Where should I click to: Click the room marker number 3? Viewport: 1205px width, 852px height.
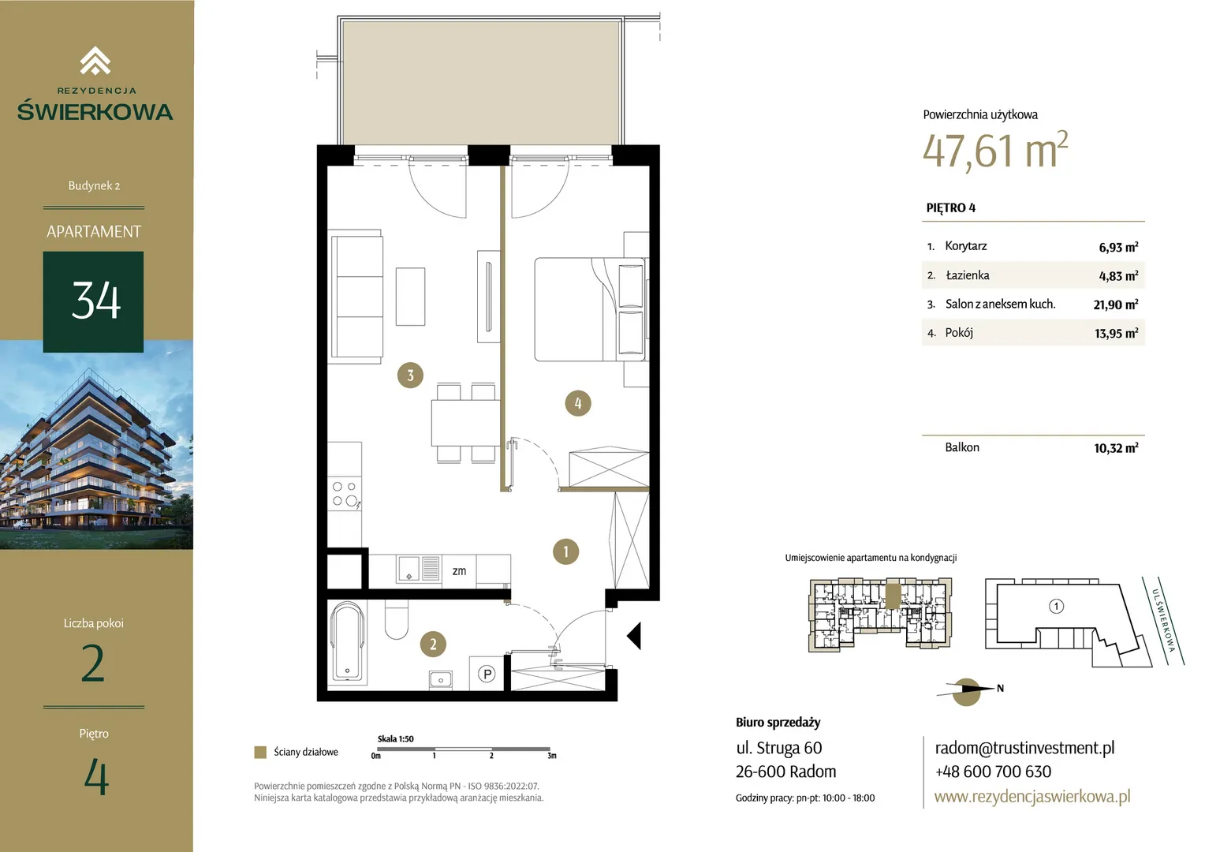(x=410, y=375)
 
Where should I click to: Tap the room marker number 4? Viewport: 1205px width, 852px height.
(x=578, y=403)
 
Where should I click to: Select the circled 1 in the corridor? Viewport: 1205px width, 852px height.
(x=565, y=551)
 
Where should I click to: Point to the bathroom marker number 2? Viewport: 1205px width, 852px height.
(x=432, y=644)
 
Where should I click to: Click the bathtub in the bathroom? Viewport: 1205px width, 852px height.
(x=348, y=643)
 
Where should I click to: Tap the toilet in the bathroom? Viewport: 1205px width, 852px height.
(x=397, y=619)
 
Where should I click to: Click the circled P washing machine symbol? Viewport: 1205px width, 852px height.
(x=487, y=673)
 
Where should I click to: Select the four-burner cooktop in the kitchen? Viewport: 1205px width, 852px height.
(x=345, y=494)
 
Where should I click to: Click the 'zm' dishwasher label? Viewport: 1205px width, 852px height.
(x=459, y=571)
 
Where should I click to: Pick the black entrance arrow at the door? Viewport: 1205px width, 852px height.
(x=635, y=636)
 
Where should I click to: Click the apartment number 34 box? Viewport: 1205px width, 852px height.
(x=94, y=301)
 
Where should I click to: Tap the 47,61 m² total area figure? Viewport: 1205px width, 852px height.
(x=994, y=150)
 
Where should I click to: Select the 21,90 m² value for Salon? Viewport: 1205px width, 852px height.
(x=1116, y=305)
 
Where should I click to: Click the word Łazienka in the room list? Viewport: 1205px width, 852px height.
(x=967, y=275)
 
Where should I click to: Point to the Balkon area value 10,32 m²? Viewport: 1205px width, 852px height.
(x=1116, y=448)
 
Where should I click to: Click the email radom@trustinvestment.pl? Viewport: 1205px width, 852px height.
(x=1024, y=748)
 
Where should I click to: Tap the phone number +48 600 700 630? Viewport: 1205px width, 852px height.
(x=993, y=772)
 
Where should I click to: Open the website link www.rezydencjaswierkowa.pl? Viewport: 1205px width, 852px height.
(x=1032, y=796)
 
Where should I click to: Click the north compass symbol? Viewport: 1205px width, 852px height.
(x=967, y=691)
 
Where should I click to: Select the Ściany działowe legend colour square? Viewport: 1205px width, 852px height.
(x=260, y=752)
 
